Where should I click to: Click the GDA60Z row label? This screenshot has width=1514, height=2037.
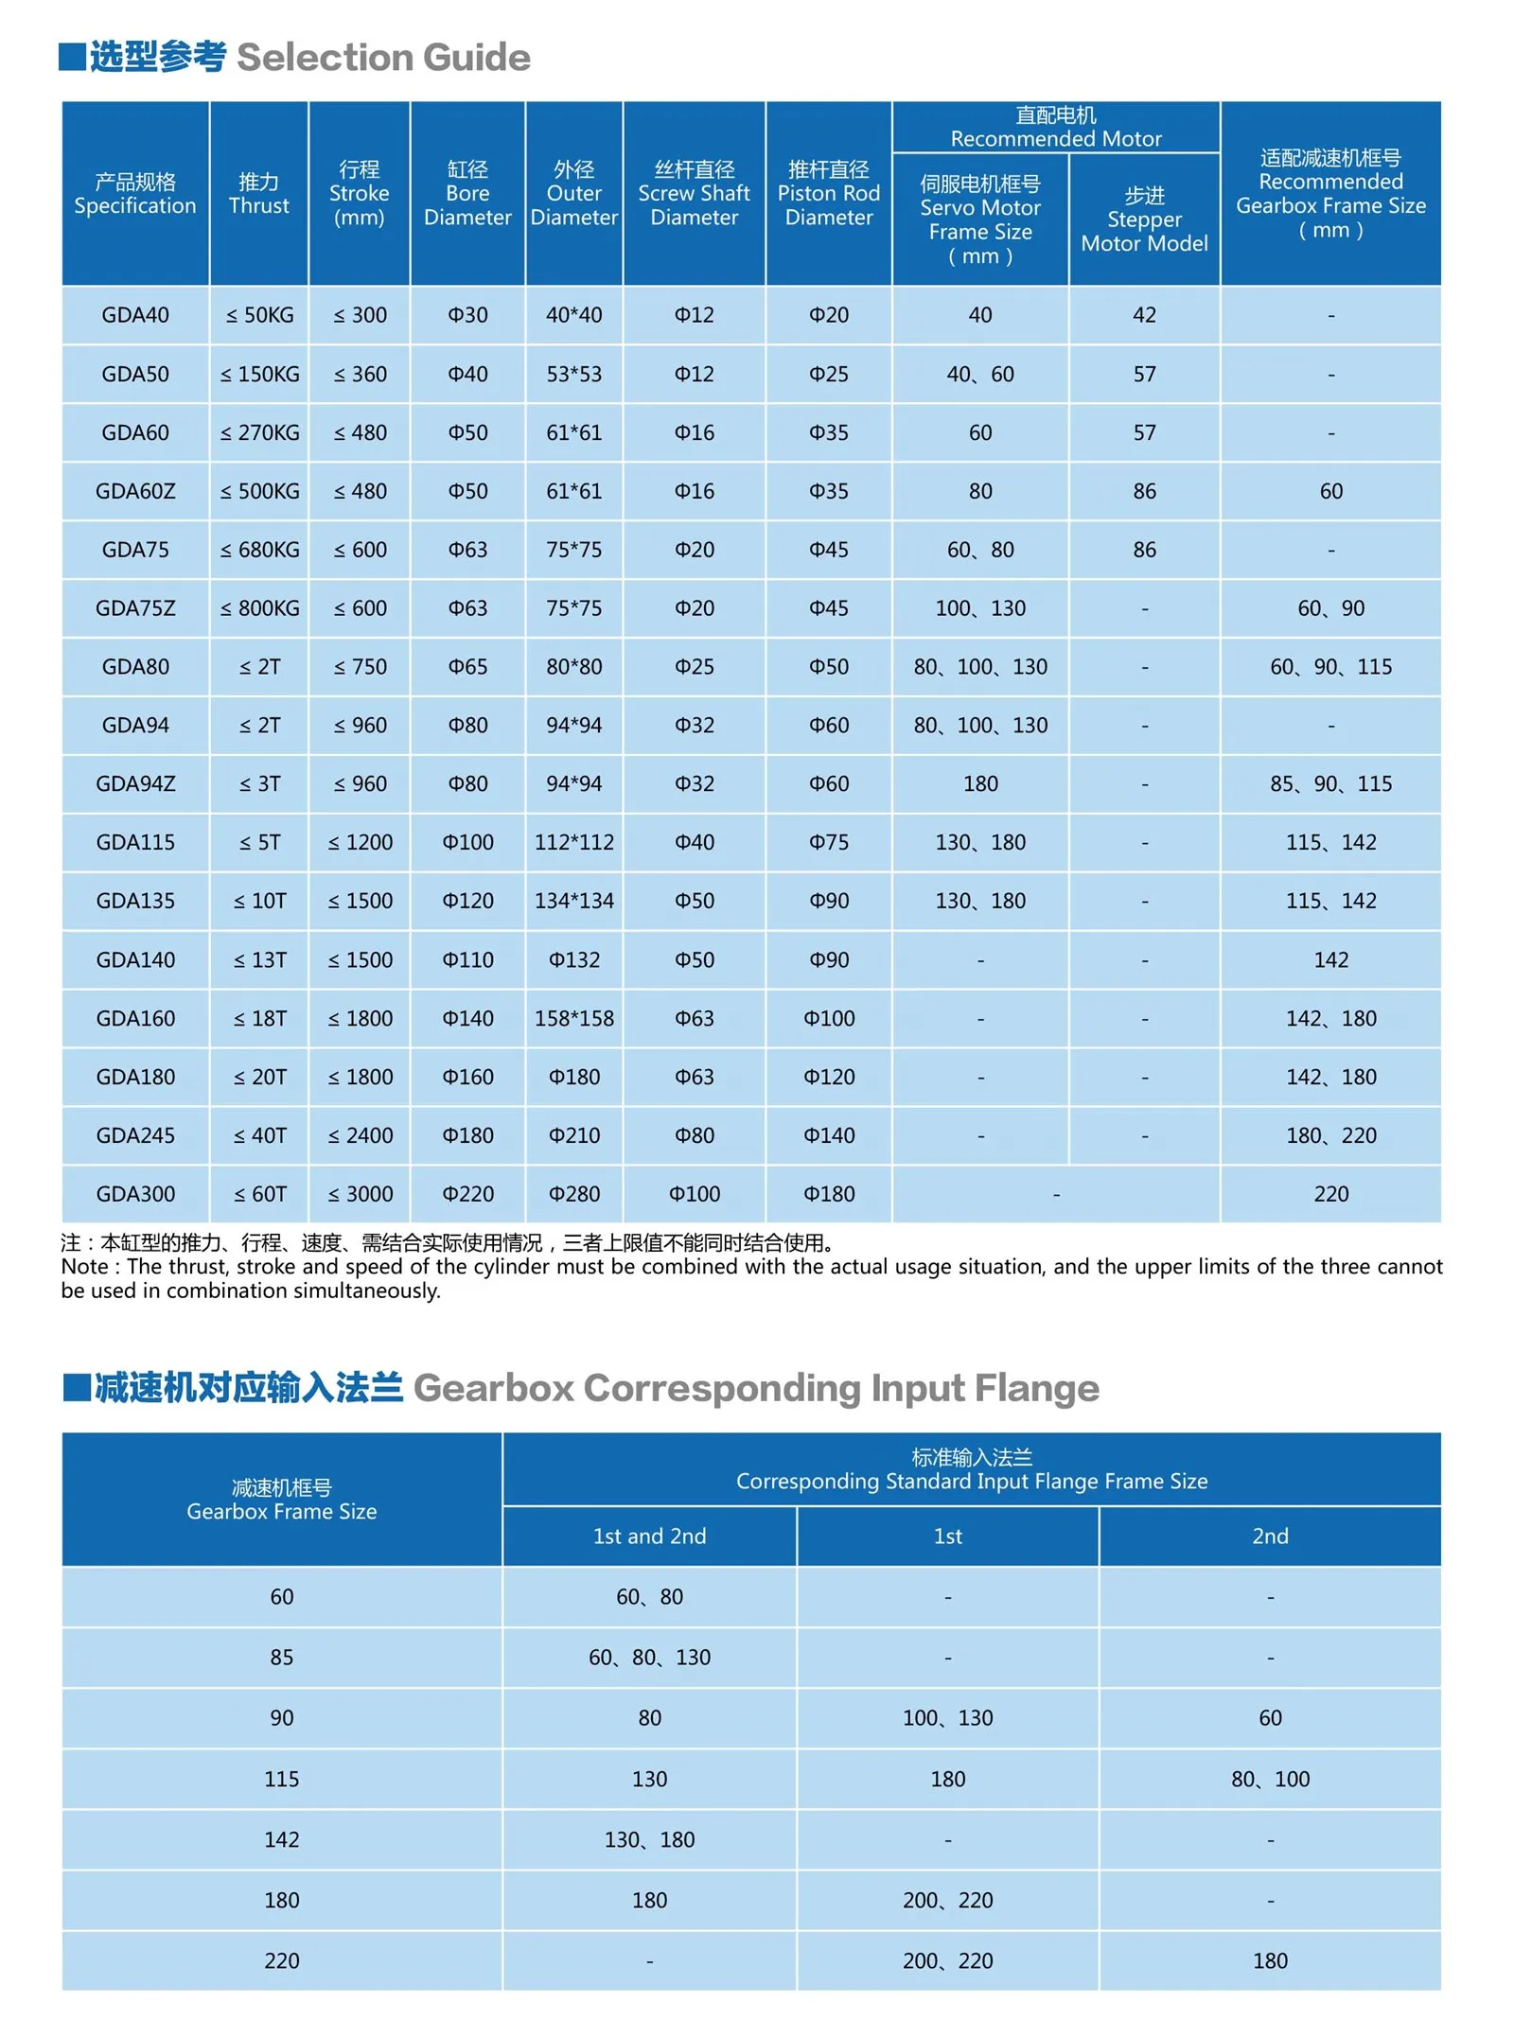(135, 491)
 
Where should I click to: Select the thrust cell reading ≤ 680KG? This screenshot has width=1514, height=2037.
(259, 550)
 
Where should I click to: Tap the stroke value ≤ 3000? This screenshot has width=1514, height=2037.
(360, 1194)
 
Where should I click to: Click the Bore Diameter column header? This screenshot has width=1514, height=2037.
(467, 193)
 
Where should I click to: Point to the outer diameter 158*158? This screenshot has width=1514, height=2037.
(573, 1018)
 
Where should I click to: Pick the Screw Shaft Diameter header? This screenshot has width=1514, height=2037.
(694, 193)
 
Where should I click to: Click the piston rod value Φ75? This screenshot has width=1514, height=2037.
(828, 842)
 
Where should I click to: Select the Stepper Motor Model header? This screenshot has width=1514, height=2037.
(1144, 220)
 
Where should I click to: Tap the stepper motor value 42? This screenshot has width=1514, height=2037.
(1144, 315)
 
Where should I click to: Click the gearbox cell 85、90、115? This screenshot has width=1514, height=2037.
(1329, 783)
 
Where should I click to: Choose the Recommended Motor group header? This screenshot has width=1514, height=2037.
(1055, 127)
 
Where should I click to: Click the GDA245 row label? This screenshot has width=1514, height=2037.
(135, 1135)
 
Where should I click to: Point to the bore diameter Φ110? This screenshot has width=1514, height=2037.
(467, 959)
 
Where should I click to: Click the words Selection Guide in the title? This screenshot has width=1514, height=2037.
(383, 58)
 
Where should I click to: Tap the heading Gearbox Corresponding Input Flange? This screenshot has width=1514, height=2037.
(755, 1388)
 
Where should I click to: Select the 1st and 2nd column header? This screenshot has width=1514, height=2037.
(649, 1536)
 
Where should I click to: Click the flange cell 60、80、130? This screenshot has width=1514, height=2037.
(649, 1657)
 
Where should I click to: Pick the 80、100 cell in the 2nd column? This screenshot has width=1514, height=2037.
(1269, 1779)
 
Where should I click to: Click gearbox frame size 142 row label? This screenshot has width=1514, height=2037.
(281, 1839)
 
